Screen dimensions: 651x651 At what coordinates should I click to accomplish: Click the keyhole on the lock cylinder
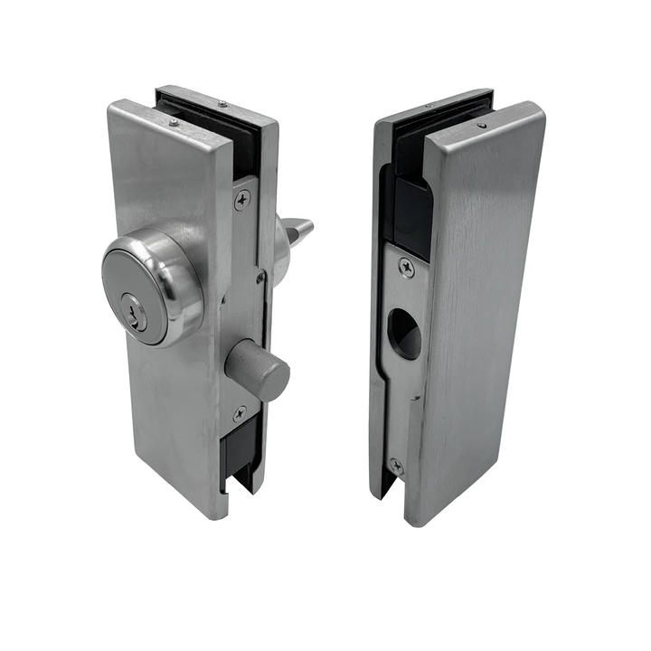(136, 313)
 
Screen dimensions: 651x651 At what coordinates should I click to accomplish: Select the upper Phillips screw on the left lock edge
(241, 200)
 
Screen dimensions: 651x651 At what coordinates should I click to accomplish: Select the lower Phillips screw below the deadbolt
(240, 413)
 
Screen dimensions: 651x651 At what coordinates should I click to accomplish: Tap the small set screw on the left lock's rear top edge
(222, 105)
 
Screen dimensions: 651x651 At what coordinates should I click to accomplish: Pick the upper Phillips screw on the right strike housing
(405, 268)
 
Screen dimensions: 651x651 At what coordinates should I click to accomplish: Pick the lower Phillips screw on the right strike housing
(395, 466)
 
